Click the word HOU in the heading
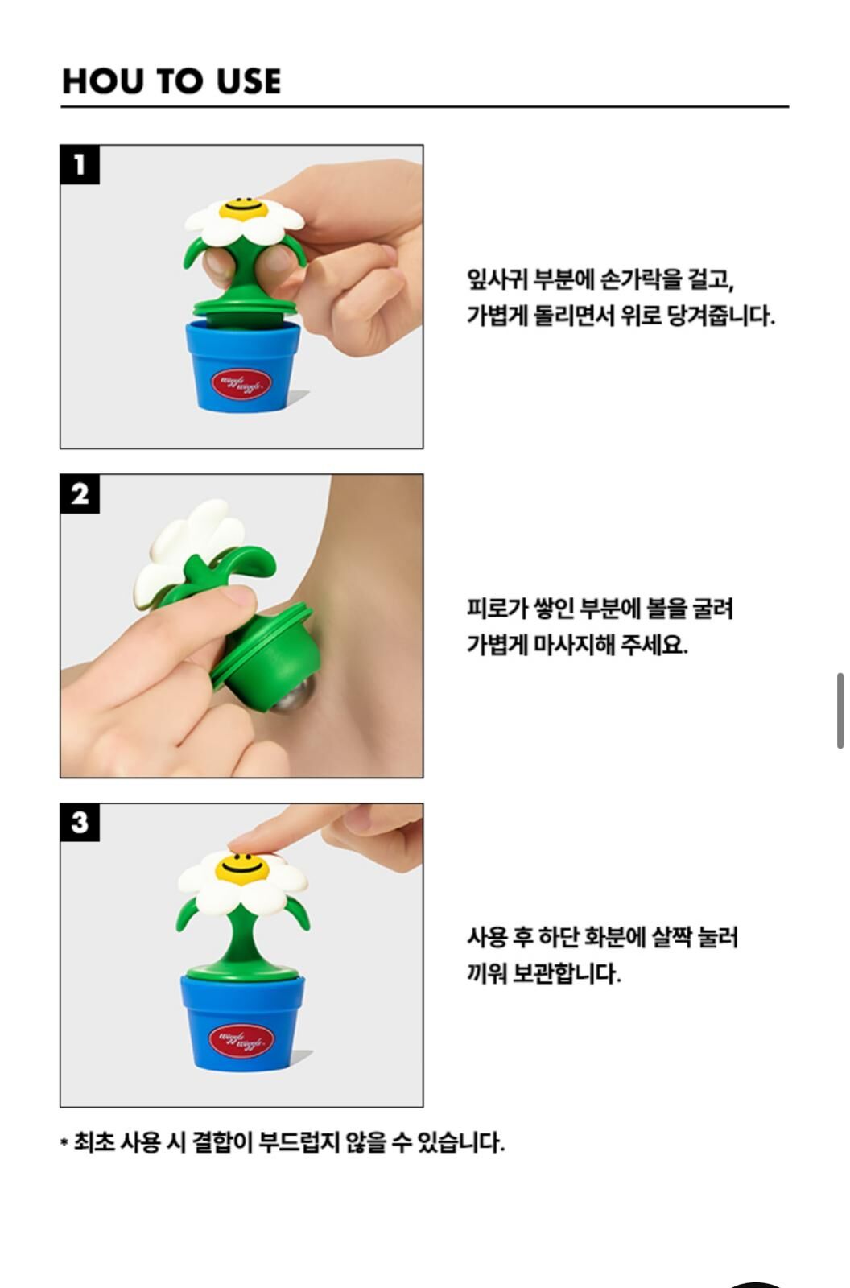click(102, 80)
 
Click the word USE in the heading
click(249, 80)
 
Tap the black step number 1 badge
click(80, 165)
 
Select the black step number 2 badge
click(80, 494)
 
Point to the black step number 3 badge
click(80, 822)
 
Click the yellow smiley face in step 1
click(243, 210)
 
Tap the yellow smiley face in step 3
click(242, 869)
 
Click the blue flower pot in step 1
click(243, 367)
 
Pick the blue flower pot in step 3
click(243, 1022)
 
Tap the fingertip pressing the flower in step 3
click(247, 843)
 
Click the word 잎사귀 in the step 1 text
click(497, 279)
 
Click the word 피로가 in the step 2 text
click(497, 609)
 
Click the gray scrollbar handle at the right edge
click(840, 712)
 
